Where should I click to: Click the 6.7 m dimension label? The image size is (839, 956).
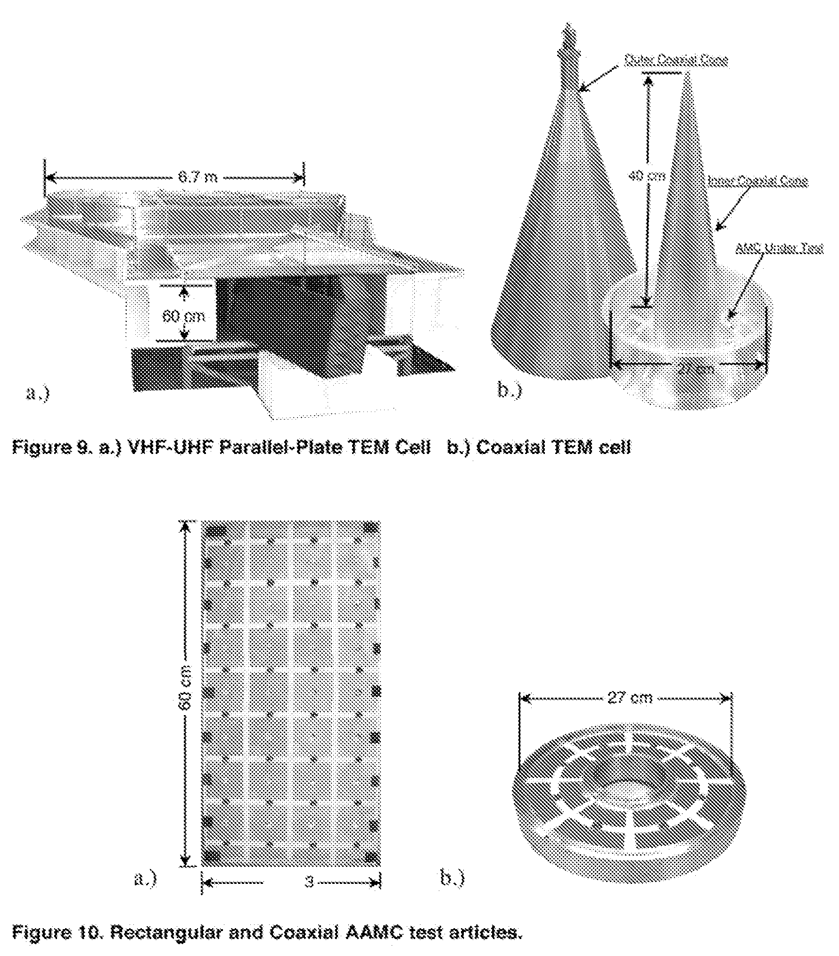tap(197, 178)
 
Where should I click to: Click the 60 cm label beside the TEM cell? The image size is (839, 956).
tap(184, 316)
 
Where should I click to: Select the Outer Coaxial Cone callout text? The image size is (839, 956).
tap(675, 60)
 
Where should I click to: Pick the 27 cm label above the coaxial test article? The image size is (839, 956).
tap(630, 697)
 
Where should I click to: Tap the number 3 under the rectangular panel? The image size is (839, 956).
tap(309, 882)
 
